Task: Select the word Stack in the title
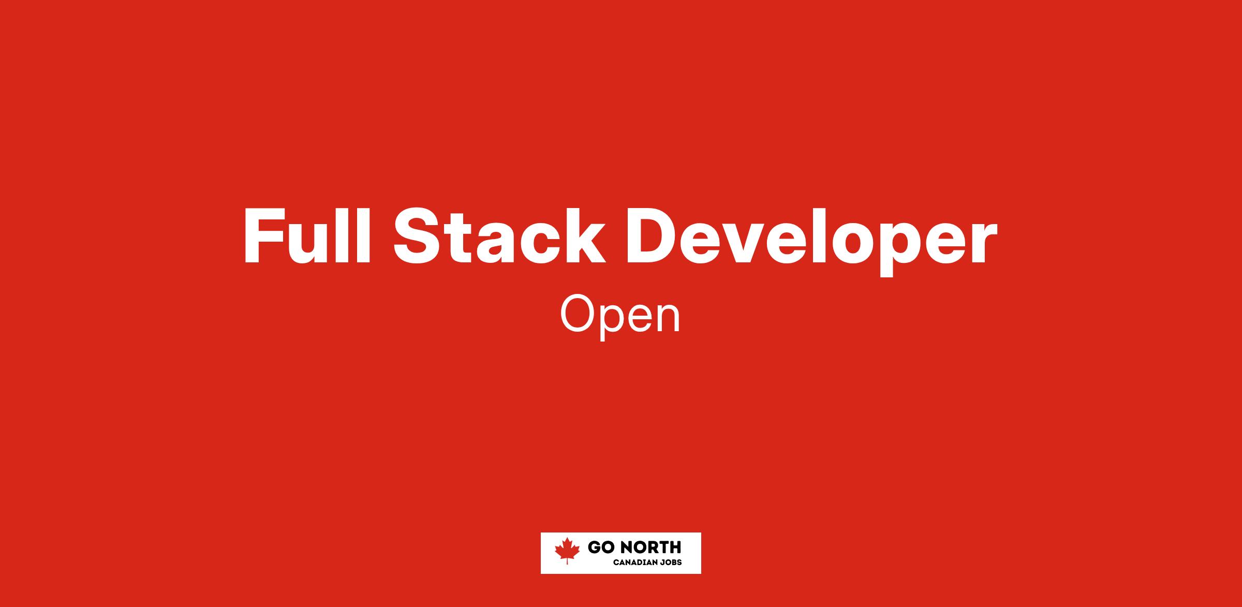(499, 235)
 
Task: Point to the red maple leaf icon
(567, 550)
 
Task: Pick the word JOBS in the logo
(671, 562)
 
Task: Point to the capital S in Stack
(418, 236)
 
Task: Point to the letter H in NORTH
(675, 547)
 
